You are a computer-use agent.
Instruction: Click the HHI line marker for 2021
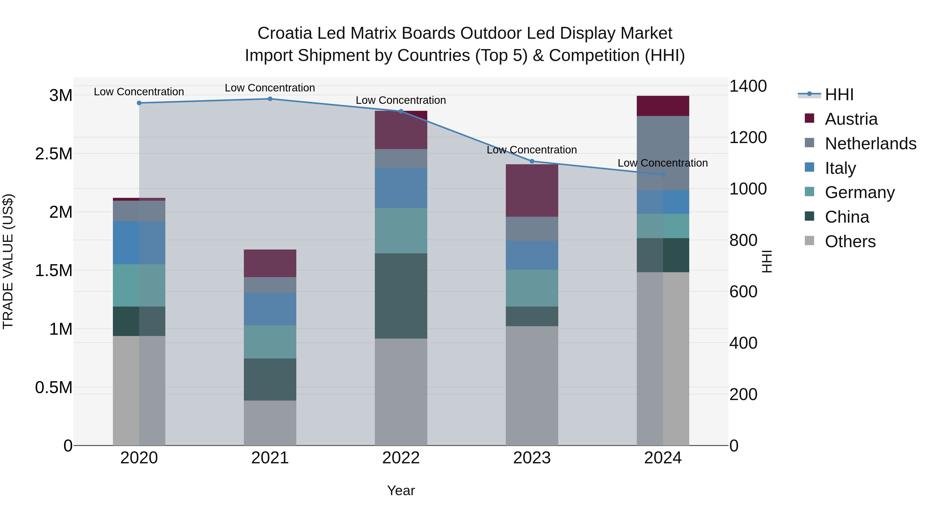coord(270,99)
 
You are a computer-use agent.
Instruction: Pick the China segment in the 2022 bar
coord(401,296)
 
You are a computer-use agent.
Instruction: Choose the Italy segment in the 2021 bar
coord(270,309)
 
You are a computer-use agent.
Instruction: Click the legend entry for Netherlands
coord(870,144)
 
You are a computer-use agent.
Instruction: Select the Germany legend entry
coord(859,192)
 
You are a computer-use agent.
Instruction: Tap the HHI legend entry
coord(839,95)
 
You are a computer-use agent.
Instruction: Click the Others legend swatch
coord(809,241)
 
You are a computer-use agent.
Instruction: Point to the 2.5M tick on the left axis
coord(54,154)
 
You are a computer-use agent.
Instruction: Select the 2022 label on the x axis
coord(401,458)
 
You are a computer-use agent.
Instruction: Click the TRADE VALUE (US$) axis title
coord(8,261)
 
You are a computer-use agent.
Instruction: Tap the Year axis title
coord(401,490)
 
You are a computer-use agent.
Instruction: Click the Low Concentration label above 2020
coord(139,92)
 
